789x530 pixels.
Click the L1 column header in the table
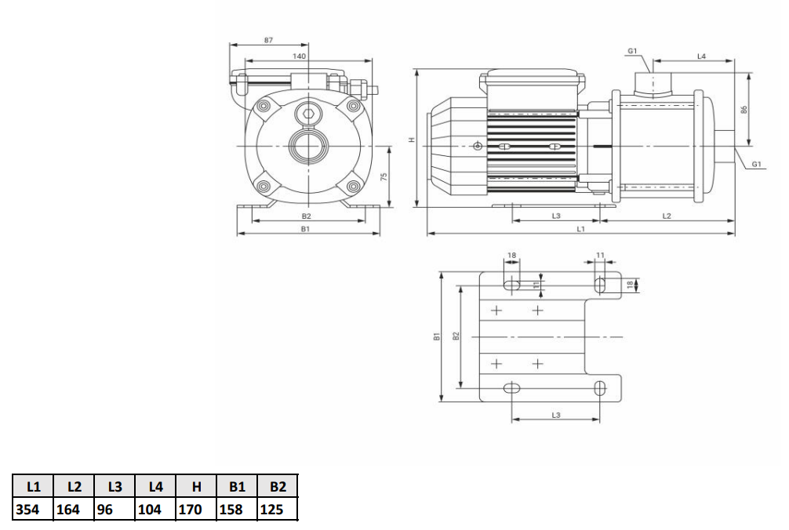pos(33,486)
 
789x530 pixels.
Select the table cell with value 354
pos(33,510)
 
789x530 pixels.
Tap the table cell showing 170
pos(196,510)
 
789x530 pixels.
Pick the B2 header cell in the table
pos(278,486)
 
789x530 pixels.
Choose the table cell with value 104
pos(155,510)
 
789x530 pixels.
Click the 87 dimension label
pos(269,40)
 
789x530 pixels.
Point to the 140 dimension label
pos(300,56)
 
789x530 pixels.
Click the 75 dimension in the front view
pos(384,177)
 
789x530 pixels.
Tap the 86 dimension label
pos(744,109)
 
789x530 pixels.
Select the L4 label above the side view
pos(701,56)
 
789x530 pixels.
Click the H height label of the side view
pos(412,140)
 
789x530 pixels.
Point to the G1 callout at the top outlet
pos(632,51)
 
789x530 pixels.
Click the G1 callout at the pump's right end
pos(756,164)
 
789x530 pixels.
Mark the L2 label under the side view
pos(667,216)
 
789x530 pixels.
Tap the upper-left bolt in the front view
pos(264,106)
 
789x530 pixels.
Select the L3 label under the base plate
pos(556,415)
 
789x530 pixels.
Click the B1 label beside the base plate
pos(437,336)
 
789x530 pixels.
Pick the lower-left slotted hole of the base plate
pos(511,388)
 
